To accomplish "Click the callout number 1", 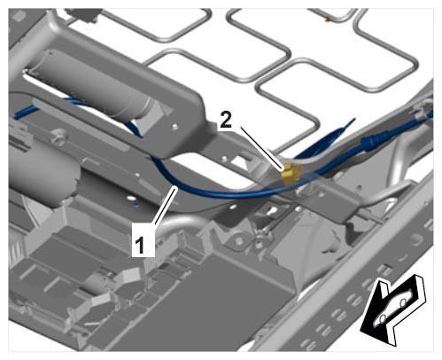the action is click(140, 245).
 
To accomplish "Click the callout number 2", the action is click(226, 121).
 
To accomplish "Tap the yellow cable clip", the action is click(291, 174).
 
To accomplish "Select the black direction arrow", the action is click(392, 309).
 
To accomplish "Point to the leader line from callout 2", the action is click(260, 148).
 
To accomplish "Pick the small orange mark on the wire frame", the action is click(328, 20).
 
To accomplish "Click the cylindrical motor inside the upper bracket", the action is click(97, 86).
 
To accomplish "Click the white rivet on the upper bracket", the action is click(176, 127).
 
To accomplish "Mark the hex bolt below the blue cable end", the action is click(56, 137).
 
